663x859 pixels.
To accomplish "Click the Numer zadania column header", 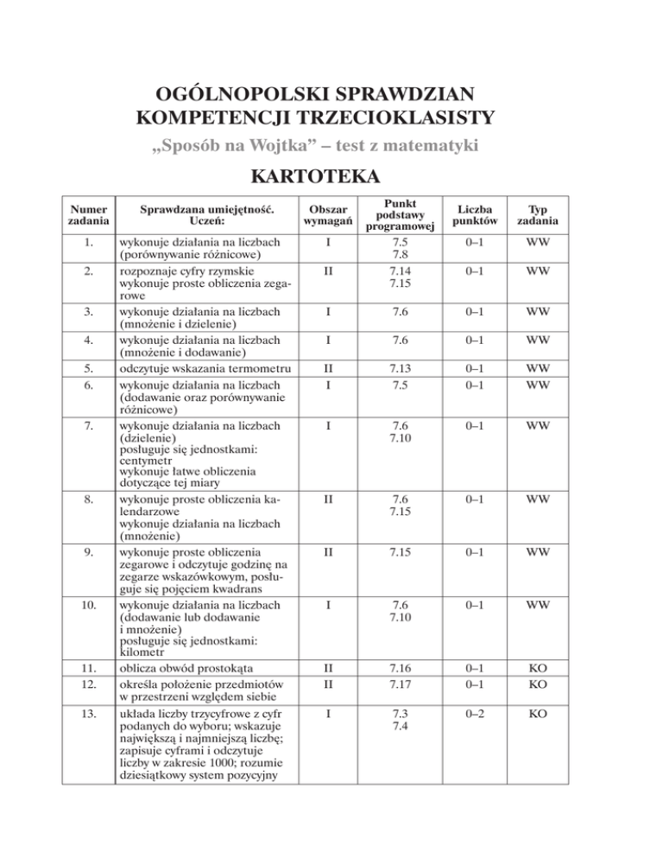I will coord(84,216).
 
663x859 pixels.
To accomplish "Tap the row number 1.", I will coord(84,243).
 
